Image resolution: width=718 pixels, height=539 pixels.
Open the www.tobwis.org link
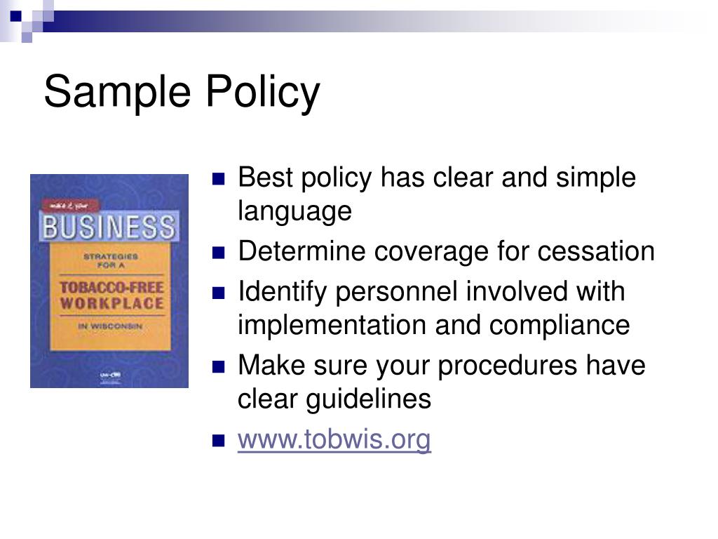(334, 440)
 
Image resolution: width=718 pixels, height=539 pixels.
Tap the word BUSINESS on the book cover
(109, 227)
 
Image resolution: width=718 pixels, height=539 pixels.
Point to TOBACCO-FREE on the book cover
(110, 288)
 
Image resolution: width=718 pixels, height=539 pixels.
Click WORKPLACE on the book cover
(111, 304)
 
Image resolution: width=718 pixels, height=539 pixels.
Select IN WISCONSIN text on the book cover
(109, 326)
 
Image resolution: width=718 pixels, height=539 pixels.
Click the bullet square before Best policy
(219, 178)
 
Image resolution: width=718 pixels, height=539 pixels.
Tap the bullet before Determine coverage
(219, 252)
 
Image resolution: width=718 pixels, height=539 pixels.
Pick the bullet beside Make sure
(219, 366)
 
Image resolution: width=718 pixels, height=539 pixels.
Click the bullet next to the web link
(219, 441)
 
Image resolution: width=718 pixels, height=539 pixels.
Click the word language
(294, 211)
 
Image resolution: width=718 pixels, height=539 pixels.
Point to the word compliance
(560, 326)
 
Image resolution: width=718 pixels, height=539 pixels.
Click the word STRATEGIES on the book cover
(110, 257)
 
